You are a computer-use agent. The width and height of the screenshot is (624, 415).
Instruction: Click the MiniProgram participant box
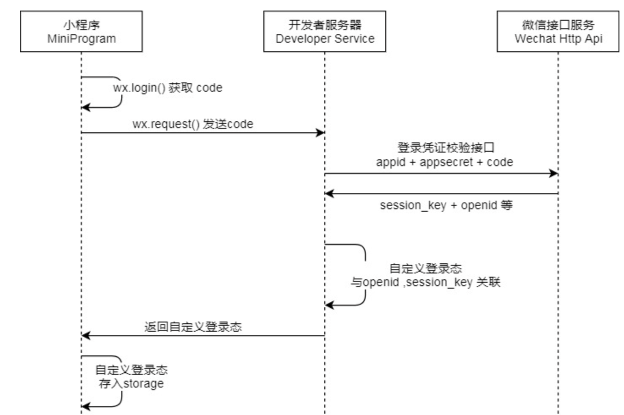click(81, 31)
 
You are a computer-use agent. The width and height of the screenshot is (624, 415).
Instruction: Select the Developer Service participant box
click(324, 31)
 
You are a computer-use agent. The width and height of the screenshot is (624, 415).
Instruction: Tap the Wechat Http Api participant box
click(558, 31)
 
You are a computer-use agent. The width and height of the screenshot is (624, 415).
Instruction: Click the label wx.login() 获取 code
click(167, 88)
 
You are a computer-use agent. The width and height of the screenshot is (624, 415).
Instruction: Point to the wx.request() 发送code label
click(193, 124)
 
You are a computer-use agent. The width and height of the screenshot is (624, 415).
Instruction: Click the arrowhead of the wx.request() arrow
click(320, 133)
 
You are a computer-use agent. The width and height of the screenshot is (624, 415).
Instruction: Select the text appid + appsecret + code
click(444, 162)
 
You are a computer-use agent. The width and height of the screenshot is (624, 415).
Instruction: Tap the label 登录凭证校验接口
click(446, 148)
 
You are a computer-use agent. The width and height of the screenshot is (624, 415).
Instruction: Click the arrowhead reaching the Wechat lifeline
click(553, 173)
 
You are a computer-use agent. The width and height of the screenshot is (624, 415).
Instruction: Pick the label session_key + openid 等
click(446, 205)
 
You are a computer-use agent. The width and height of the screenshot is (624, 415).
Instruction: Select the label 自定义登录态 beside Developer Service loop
click(425, 268)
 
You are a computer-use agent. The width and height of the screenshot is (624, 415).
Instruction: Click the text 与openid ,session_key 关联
click(425, 282)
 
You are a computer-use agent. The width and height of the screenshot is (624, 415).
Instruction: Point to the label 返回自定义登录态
click(193, 327)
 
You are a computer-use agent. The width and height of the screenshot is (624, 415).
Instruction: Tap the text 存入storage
click(131, 384)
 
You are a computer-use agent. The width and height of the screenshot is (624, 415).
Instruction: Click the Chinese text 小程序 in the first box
click(81, 25)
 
